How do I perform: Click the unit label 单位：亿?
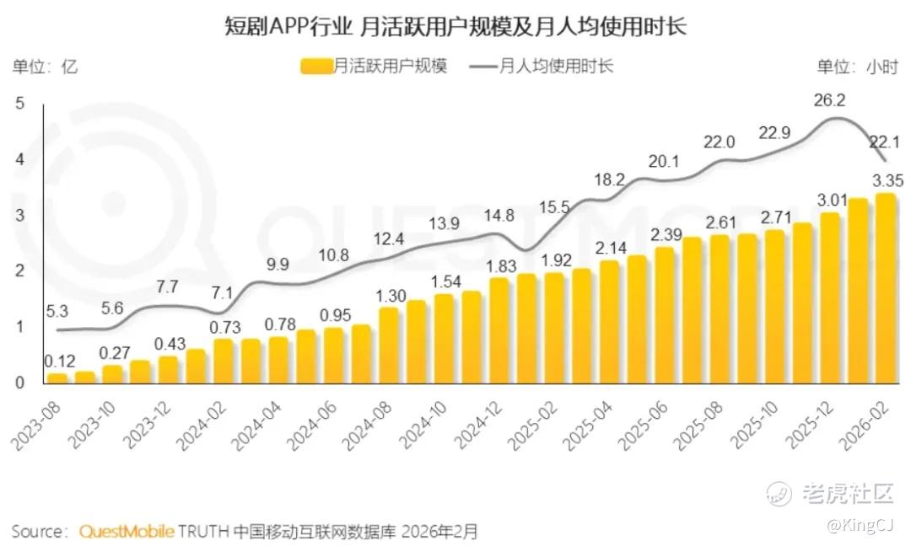(45, 67)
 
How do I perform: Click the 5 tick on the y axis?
(20, 104)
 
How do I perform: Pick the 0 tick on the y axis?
(20, 383)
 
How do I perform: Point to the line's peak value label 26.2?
(829, 100)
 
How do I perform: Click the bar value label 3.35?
(888, 179)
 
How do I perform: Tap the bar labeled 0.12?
(58, 377)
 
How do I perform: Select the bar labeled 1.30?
(388, 345)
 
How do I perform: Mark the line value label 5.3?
(57, 311)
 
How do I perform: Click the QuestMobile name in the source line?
(127, 532)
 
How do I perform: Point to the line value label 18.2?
(609, 179)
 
